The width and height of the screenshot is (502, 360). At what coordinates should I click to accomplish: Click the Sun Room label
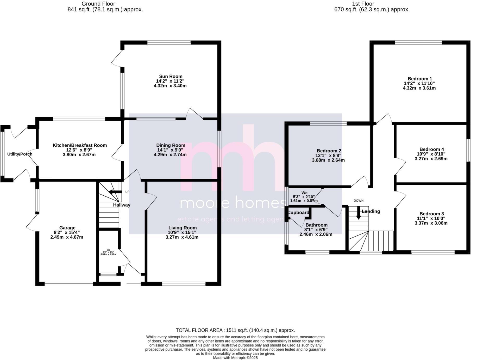171,76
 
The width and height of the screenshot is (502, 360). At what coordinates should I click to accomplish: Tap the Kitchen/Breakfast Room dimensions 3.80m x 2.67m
79,155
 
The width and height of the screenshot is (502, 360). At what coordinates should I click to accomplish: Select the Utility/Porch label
20,154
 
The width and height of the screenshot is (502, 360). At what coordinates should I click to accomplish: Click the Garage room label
67,228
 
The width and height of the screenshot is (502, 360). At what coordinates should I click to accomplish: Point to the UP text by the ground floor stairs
127,192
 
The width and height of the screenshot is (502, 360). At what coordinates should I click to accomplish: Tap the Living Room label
182,228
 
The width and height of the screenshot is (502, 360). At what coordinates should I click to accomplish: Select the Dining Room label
171,145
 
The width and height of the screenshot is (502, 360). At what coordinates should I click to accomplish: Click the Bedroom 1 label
420,79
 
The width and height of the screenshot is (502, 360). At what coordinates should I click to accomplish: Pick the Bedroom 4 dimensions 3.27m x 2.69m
431,159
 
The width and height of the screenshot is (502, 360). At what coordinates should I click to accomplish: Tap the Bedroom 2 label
329,151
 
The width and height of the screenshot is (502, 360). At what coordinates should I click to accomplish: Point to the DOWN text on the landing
358,201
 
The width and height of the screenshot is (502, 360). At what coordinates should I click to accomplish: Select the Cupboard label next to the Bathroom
298,213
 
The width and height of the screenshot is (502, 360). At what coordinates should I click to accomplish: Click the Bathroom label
316,225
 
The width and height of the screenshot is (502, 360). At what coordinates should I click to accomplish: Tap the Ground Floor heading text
98,4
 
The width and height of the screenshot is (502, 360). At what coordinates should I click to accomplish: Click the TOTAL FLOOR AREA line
235,330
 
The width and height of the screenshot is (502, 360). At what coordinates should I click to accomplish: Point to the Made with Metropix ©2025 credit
235,358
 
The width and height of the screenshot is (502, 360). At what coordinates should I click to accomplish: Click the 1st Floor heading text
363,4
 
